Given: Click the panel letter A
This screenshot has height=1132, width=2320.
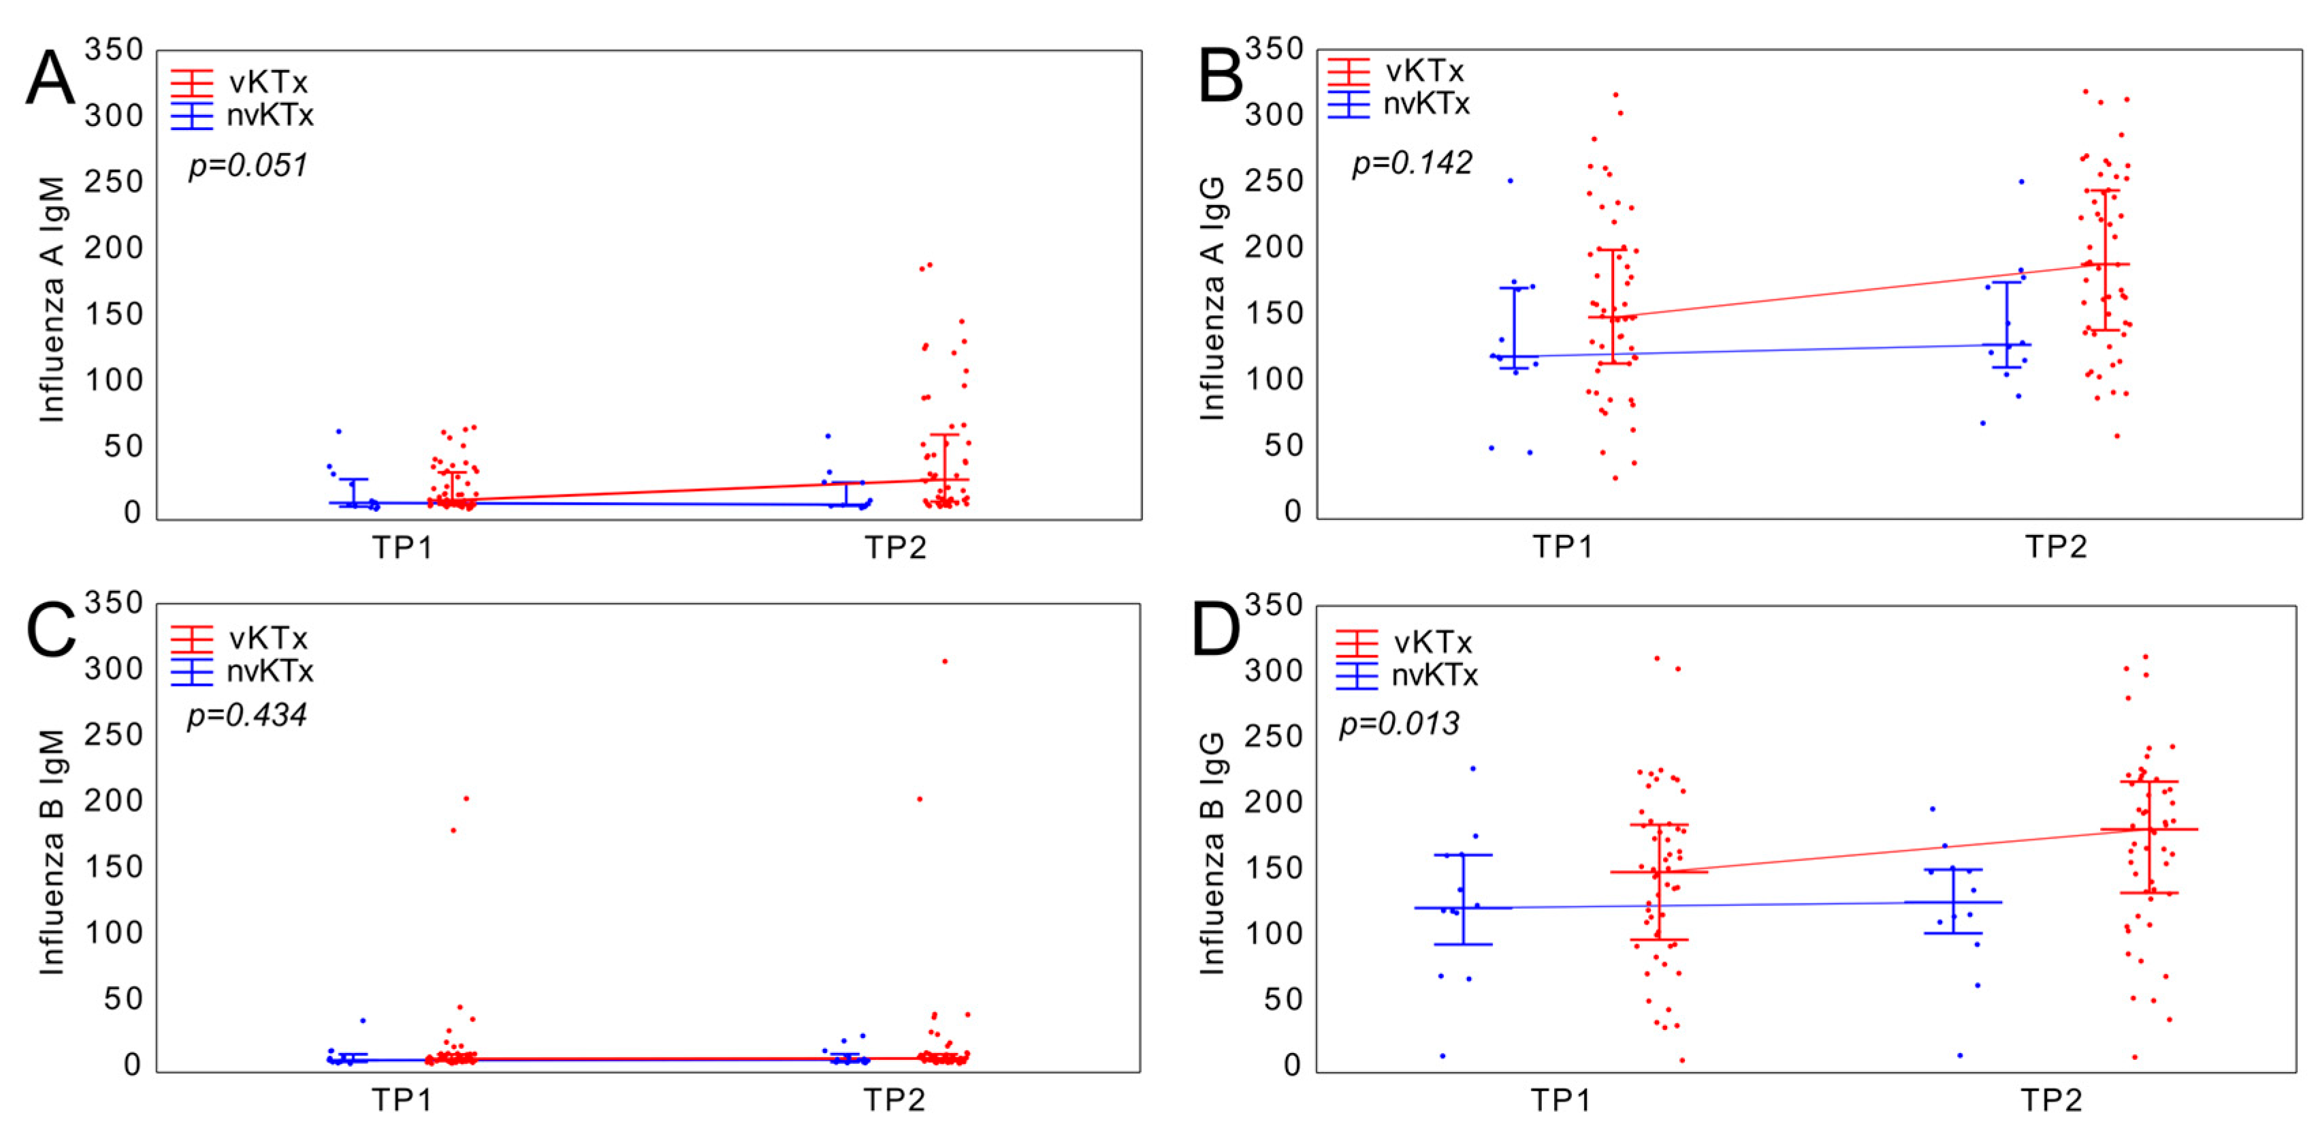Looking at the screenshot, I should click(50, 79).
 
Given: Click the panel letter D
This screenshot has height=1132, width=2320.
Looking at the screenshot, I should click(1215, 630).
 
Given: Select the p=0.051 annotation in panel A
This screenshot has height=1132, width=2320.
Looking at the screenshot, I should click(248, 165).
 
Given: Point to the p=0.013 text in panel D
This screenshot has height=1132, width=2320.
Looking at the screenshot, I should click(1399, 723).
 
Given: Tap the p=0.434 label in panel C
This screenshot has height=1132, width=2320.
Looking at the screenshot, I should click(246, 715).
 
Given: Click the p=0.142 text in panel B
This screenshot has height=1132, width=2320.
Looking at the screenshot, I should click(1411, 163).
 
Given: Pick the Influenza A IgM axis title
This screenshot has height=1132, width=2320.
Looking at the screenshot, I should click(52, 299).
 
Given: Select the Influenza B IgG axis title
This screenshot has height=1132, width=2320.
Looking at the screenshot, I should click(1212, 852).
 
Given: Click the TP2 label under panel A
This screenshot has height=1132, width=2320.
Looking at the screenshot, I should click(895, 547).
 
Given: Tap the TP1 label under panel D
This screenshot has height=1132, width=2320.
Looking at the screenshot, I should click(1561, 1099).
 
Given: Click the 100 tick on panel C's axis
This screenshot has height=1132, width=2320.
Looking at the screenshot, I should click(114, 932).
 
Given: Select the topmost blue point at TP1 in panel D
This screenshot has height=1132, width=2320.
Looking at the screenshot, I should click(1473, 769).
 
